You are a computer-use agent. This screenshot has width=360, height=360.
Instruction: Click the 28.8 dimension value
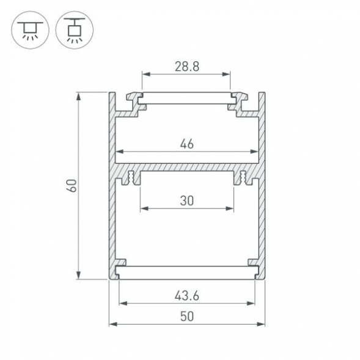click(186, 67)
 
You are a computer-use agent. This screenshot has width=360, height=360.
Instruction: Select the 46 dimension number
click(187, 144)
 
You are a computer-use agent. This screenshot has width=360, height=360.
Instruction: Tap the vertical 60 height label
click(72, 186)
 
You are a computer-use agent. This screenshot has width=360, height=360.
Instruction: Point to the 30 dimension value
click(187, 200)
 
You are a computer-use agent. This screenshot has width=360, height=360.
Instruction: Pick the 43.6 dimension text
click(187, 296)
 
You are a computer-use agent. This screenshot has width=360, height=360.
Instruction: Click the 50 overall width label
click(187, 316)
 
